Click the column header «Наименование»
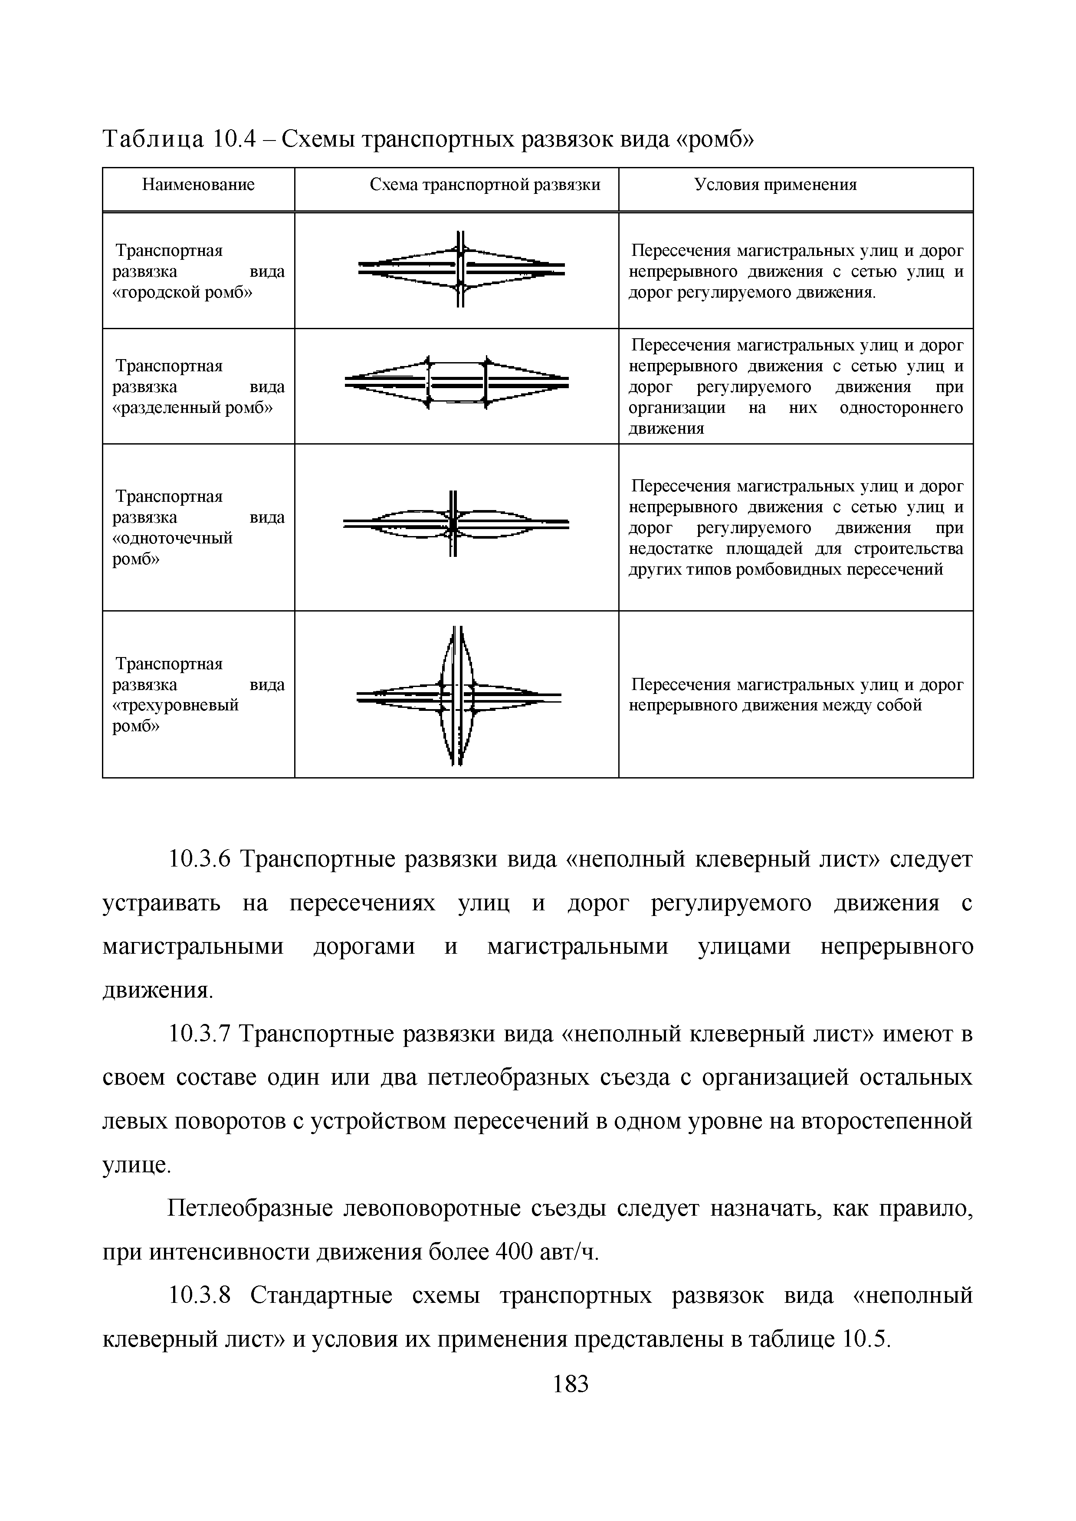tap(198, 185)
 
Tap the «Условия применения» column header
tap(775, 185)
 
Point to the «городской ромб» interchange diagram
tap(461, 268)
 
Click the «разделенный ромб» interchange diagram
tap(457, 383)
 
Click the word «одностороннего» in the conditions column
tap(901, 407)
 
